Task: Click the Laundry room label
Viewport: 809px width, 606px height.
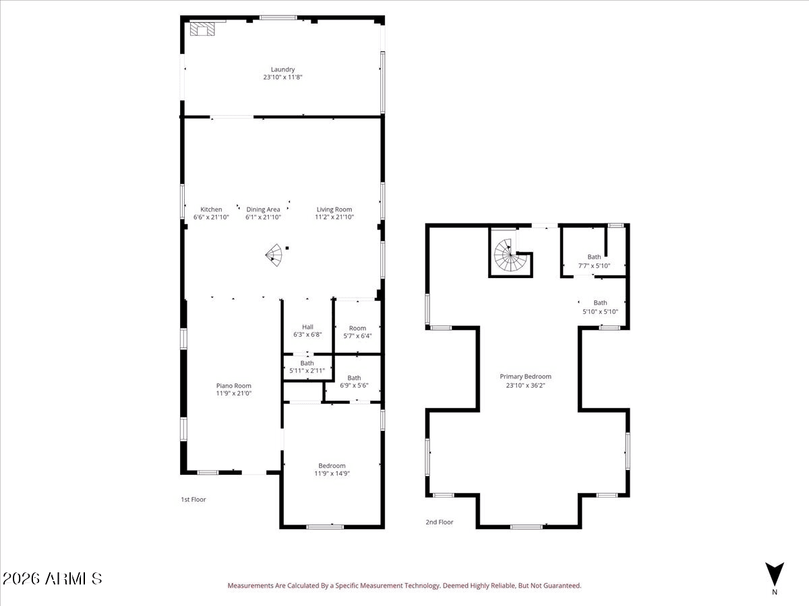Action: click(282, 69)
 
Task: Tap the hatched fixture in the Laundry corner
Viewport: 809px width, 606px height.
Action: click(202, 29)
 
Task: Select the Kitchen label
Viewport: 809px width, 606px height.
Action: click(211, 209)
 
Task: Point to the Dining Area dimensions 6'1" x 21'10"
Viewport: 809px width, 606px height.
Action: click(263, 217)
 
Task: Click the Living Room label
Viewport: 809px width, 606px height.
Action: click(334, 209)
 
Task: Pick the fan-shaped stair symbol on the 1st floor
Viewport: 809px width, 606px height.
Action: click(274, 255)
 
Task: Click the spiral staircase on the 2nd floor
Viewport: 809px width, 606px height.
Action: click(511, 255)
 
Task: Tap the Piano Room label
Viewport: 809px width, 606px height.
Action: click(234, 386)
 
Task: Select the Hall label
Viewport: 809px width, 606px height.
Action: click(307, 327)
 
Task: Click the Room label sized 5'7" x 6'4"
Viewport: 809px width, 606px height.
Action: click(357, 328)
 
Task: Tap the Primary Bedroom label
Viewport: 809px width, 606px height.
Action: click(526, 376)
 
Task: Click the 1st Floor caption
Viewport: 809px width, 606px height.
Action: click(193, 500)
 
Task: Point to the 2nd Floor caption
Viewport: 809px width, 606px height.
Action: click(440, 522)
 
